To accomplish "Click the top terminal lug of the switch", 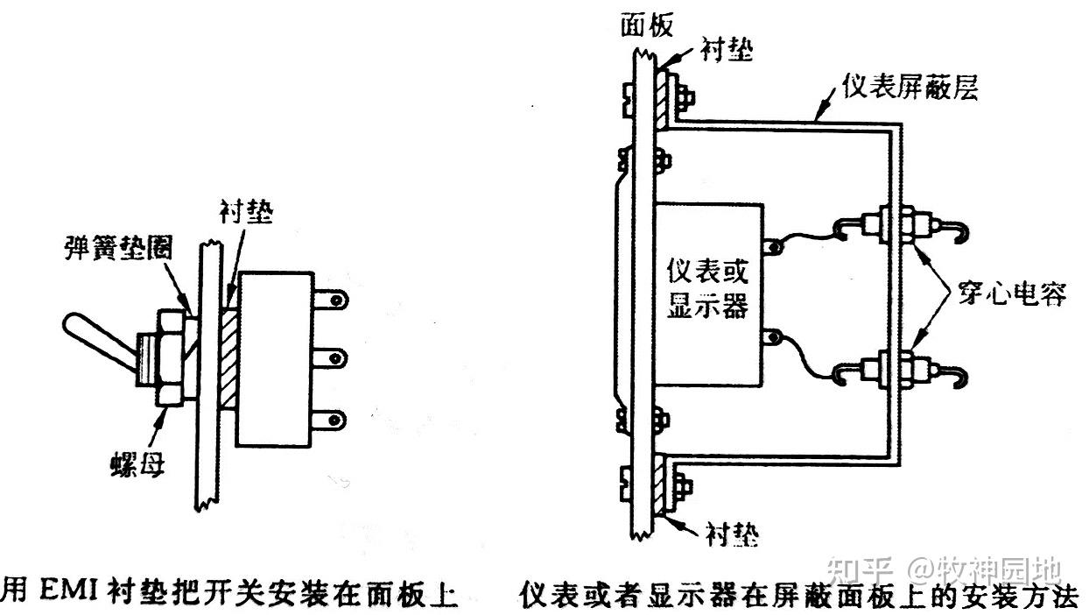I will [333, 300].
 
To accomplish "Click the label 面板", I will [647, 25].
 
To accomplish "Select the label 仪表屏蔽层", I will [908, 87].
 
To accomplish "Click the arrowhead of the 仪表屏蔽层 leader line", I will [819, 117].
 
